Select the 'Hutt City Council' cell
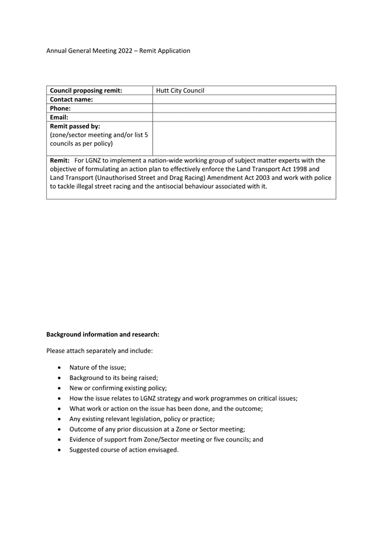click(180, 91)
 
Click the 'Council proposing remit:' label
click(86, 91)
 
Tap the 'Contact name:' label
click(72, 99)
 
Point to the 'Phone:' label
click(60, 108)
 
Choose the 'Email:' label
click(60, 117)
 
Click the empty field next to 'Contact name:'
click(244, 99)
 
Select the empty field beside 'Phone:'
click(244, 108)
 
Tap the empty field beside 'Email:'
click(244, 117)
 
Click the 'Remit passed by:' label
click(75, 126)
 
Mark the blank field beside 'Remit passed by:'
click(244, 139)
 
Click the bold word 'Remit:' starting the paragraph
click(60, 160)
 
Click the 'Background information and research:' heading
click(102, 335)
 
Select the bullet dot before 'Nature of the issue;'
click(60, 368)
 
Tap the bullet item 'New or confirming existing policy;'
click(118, 388)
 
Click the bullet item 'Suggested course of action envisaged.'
click(124, 449)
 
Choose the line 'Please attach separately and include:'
click(99, 351)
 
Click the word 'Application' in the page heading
click(172, 51)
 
